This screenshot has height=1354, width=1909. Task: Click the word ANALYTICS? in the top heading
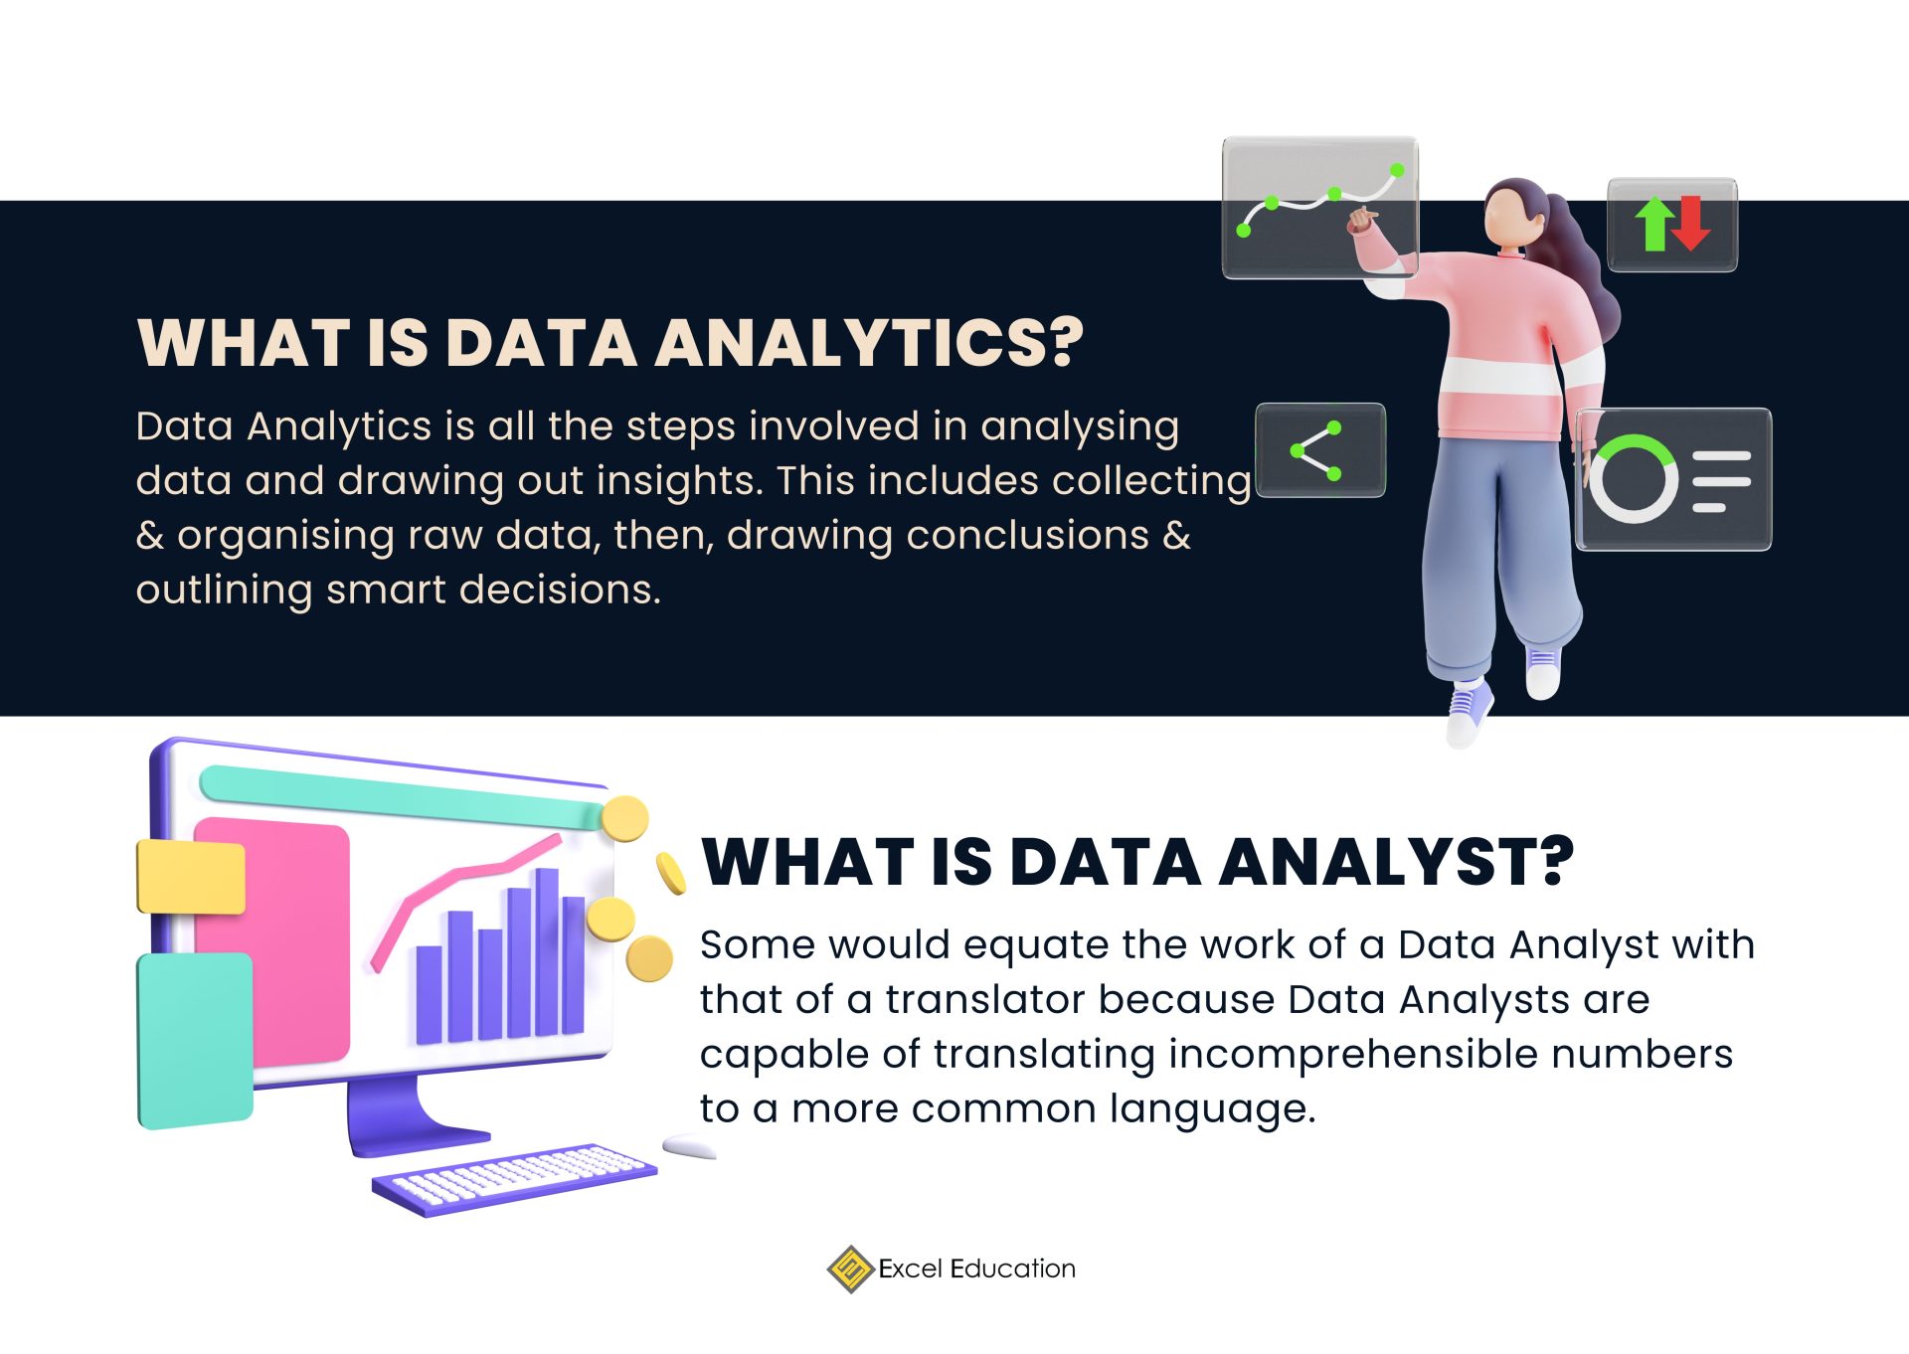[868, 343]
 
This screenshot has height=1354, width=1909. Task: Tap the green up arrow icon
[1654, 223]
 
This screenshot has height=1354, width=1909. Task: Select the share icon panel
[1319, 450]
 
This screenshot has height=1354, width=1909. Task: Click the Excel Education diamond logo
[850, 1269]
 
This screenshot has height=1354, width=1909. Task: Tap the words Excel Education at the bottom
[976, 1269]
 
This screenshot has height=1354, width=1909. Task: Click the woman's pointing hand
[1361, 220]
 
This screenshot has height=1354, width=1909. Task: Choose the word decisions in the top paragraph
[560, 590]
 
